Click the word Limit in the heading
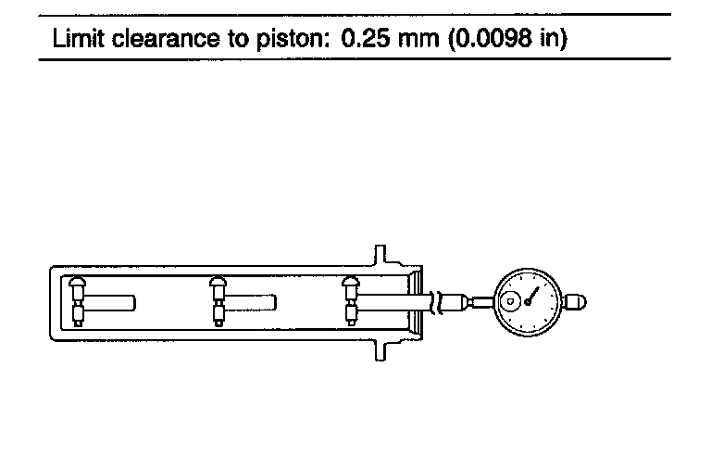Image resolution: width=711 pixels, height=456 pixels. (79, 38)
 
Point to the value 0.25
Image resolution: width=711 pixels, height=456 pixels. (365, 38)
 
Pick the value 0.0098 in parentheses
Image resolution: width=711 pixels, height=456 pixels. (493, 38)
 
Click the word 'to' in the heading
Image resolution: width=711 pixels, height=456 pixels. (237, 39)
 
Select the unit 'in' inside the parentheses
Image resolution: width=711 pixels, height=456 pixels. (550, 38)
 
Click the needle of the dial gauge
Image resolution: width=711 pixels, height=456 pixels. (532, 296)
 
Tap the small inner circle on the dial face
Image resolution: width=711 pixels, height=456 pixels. (510, 301)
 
